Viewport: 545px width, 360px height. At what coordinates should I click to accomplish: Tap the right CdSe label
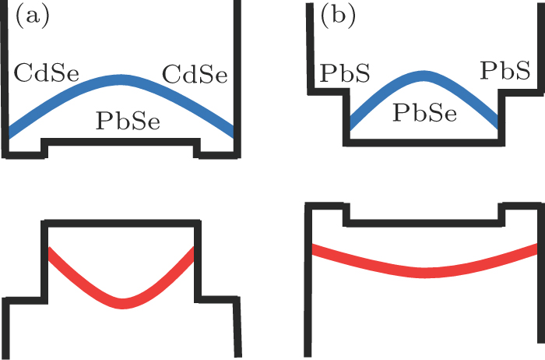tap(195, 75)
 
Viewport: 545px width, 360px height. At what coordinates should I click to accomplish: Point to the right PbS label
tap(505, 70)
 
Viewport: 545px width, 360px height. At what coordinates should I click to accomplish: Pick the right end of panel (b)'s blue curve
tap(497, 123)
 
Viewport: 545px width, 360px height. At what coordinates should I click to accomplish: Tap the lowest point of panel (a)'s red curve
tap(122, 302)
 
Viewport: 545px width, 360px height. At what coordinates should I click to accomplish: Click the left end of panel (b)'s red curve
tap(313, 249)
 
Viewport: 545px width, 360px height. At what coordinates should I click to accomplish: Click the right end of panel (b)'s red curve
tap(537, 248)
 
